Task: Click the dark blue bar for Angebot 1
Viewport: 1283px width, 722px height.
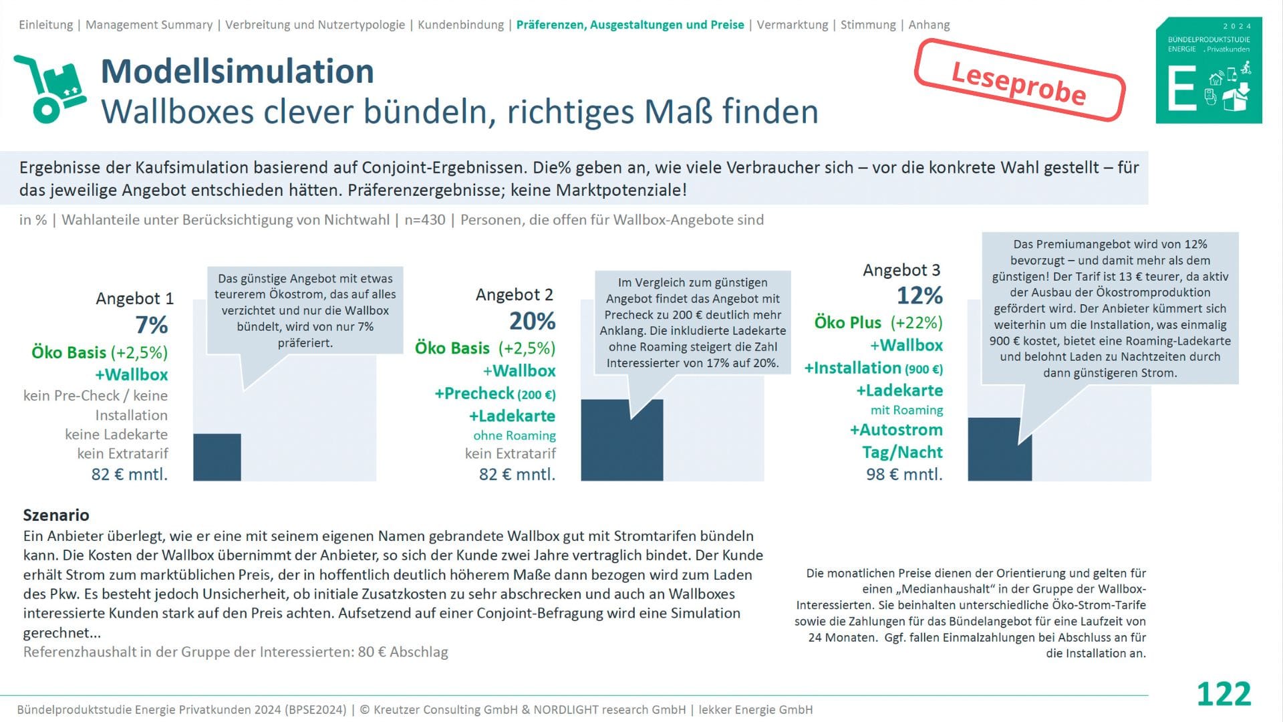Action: pyautogui.click(x=217, y=457)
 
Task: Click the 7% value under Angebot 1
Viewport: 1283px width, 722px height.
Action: pyautogui.click(x=152, y=325)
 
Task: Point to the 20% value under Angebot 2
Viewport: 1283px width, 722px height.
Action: pyautogui.click(x=532, y=322)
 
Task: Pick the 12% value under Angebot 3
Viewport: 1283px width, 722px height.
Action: pyautogui.click(x=919, y=295)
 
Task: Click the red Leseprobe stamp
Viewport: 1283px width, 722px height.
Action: pyautogui.click(x=1019, y=82)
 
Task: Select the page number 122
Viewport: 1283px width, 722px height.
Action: pyautogui.click(x=1224, y=694)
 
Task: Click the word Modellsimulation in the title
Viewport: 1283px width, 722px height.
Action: pyautogui.click(x=237, y=72)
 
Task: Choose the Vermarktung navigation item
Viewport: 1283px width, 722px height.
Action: pyautogui.click(x=792, y=25)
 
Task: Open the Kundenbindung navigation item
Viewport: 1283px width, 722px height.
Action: pyautogui.click(x=460, y=25)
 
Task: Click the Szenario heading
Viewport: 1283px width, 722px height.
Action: pyautogui.click(x=56, y=515)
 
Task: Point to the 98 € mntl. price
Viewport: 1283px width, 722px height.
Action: pyautogui.click(x=904, y=475)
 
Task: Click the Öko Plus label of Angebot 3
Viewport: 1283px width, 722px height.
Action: pyautogui.click(x=847, y=323)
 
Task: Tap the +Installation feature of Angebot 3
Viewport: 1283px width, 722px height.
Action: pyautogui.click(x=853, y=368)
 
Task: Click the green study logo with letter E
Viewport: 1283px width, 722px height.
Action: pyautogui.click(x=1209, y=70)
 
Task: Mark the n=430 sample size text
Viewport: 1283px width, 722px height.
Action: pyautogui.click(x=424, y=220)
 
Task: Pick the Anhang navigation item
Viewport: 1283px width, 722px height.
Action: pyautogui.click(x=929, y=25)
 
